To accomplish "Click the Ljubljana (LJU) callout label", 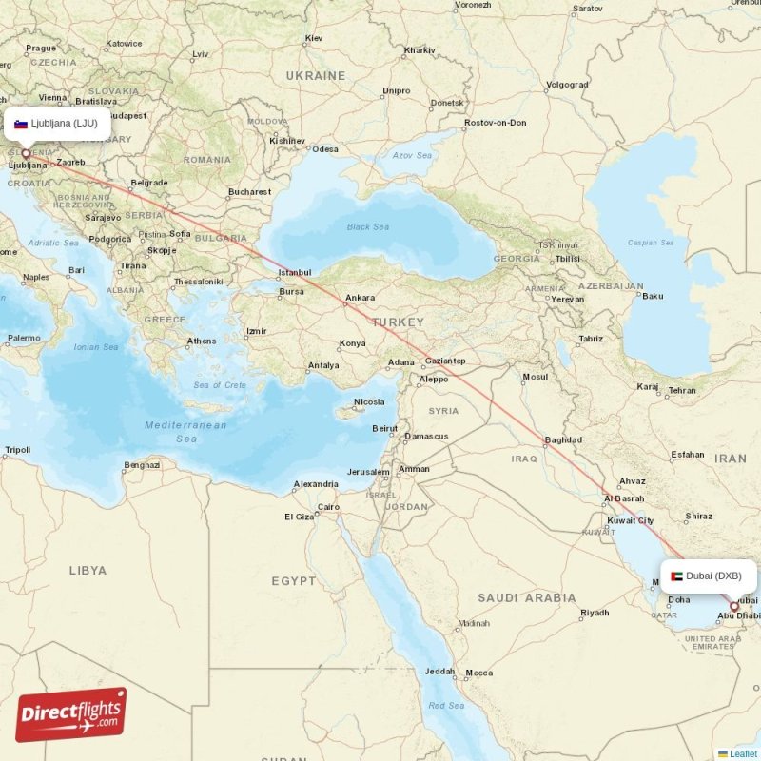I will pos(57,124).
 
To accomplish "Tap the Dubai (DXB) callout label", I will pos(709,576).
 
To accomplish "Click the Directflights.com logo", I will pos(71,714).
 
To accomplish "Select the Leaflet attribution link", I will pos(743,753).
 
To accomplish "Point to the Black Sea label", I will pos(367,227).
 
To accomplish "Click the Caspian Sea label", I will pos(650,243).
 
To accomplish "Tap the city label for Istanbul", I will pos(294,273).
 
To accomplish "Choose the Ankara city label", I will pos(360,298).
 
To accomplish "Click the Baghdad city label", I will pos(562,440).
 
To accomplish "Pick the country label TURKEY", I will pos(398,322).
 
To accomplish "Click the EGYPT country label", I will pos(294,580).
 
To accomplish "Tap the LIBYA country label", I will pos(88,571).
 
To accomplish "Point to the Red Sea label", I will pos(446,705).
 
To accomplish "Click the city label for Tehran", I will pos(681,390).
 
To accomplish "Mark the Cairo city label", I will pos(328,507).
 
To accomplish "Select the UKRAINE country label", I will pos(316,75).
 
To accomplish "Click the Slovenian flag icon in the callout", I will pos(21,124).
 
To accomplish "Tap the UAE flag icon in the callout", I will pos(676,576).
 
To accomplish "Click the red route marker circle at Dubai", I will pos(733,606).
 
